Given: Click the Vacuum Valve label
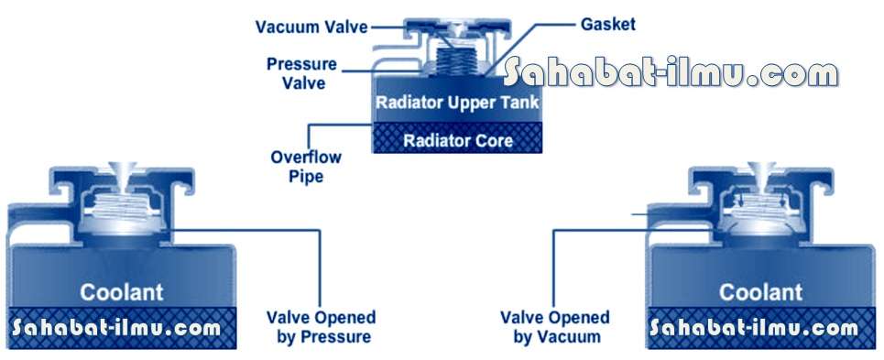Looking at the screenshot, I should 311,27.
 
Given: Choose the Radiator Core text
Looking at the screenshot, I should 458,140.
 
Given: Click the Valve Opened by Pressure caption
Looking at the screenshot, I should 321,327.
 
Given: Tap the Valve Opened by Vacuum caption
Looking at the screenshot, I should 554,327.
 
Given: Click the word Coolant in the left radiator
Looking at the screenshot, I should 121,292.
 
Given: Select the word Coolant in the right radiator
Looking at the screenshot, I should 761,292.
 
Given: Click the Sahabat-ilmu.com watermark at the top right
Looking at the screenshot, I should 671,73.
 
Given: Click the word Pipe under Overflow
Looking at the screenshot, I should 306,176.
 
